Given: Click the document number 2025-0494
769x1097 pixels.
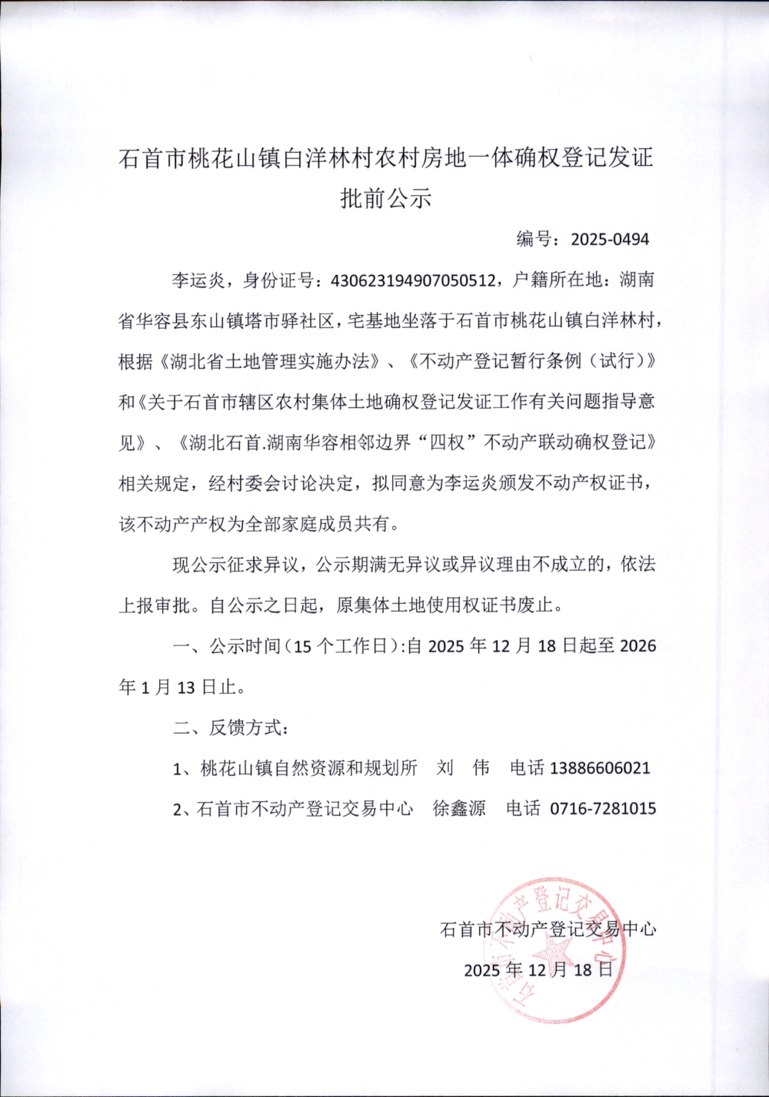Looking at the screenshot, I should point(609,239).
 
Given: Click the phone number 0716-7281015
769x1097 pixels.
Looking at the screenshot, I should point(603,808).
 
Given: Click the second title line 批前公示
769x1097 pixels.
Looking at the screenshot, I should point(385,198).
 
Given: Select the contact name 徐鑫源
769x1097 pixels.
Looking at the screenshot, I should point(459,808).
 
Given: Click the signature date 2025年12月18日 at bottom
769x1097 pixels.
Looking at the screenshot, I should point(538,969).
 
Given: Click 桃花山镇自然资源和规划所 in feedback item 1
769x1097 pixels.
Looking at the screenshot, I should point(308,767).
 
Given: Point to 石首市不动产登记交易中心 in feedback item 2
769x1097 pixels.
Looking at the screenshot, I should point(305,808).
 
